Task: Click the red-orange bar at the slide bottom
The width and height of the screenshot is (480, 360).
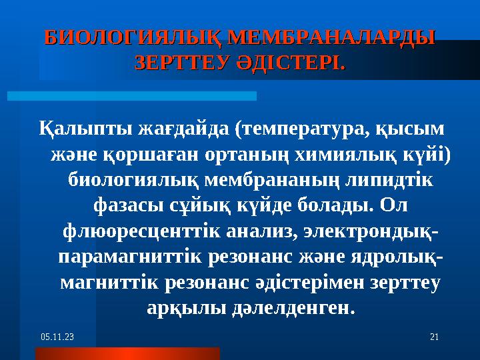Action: point(127,353)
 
